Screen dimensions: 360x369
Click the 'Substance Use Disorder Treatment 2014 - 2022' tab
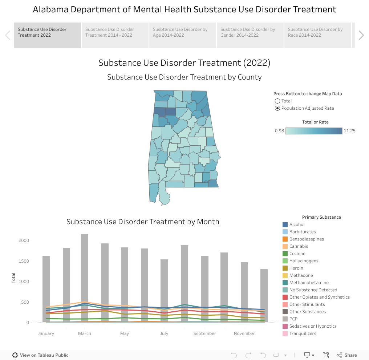(115, 35)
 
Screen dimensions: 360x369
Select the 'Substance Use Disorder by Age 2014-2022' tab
(182, 35)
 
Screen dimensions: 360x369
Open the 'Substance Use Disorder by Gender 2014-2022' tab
(250, 35)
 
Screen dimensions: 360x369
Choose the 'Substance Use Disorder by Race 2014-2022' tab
(317, 35)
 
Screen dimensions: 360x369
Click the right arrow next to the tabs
(361, 35)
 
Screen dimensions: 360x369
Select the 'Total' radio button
(277, 101)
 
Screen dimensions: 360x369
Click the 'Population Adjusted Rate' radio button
(277, 108)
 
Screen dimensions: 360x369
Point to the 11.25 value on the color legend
(349, 131)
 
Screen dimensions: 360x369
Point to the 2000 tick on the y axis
(24, 240)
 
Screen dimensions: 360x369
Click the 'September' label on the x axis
(205, 333)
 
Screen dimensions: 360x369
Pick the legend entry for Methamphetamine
(309, 283)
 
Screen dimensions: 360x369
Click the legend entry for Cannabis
(299, 246)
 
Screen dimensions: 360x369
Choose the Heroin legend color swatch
(285, 268)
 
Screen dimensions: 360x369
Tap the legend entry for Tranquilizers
(303, 333)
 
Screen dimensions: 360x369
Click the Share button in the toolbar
(347, 355)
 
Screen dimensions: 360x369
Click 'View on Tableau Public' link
(40, 355)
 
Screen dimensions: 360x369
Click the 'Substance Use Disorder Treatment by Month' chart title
(143, 222)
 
